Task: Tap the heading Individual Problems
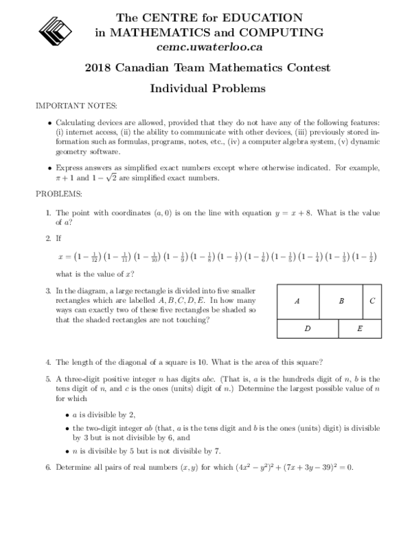coord(207,89)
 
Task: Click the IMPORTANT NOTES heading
coord(76,106)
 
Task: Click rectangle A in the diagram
coord(297,301)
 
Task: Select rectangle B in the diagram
coord(341,301)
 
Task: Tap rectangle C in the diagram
coord(371,301)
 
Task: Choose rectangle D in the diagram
coord(308,329)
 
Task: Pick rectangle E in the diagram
coord(360,329)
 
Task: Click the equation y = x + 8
coord(293,214)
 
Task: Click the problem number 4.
coord(48,362)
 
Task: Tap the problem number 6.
coord(48,468)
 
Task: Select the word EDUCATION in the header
coord(264,16)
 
